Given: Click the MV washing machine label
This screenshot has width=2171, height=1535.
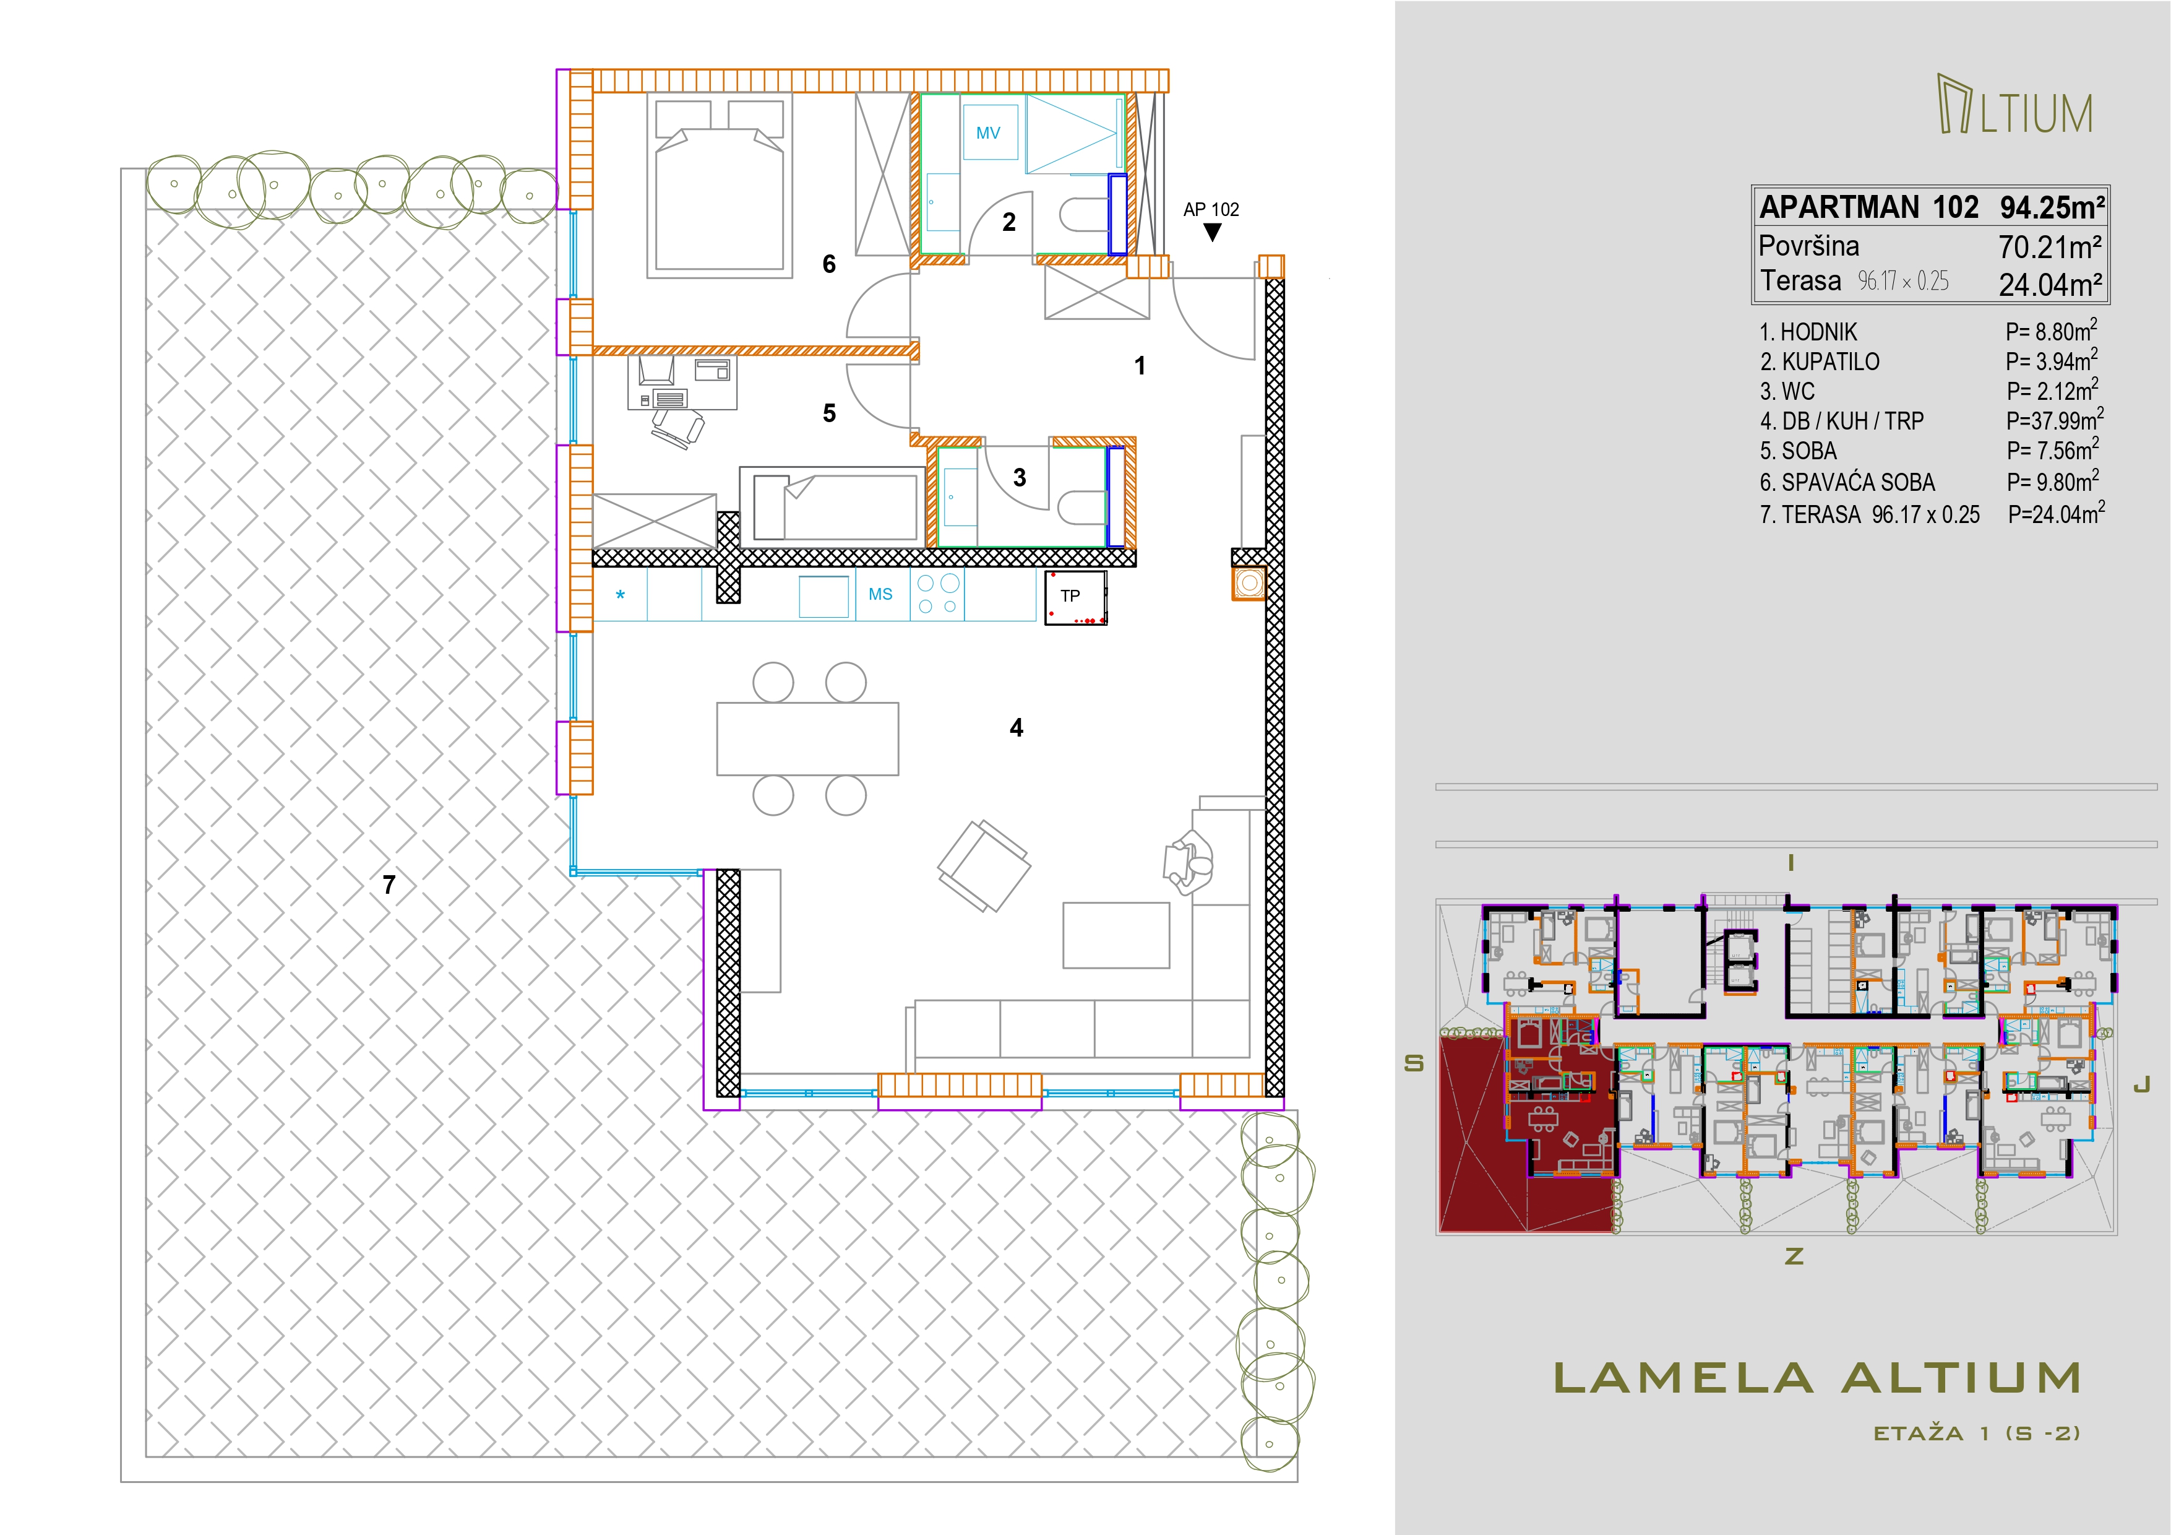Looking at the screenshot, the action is click(988, 133).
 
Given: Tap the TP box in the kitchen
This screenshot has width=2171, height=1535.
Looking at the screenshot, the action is click(1075, 598).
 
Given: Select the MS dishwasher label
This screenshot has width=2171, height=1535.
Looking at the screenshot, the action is click(880, 594).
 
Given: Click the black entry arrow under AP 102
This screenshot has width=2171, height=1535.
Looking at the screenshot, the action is click(1212, 231).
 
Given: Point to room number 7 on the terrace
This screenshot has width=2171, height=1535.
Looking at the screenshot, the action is click(389, 884).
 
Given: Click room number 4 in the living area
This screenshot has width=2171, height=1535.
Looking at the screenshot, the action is click(1017, 727).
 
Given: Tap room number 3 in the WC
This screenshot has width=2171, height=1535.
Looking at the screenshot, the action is click(1020, 478).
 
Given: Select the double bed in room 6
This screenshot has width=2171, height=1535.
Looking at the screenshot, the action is click(720, 185).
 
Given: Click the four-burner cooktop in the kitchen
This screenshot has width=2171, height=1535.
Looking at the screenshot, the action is click(938, 594).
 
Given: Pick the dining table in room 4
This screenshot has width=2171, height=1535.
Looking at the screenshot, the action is click(807, 738).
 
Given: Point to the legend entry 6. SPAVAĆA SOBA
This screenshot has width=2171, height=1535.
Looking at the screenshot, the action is click(1847, 482).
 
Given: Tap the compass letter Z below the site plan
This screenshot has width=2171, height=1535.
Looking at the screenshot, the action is click(1794, 1256).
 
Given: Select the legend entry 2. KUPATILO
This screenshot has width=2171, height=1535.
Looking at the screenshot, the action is click(1819, 362).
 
